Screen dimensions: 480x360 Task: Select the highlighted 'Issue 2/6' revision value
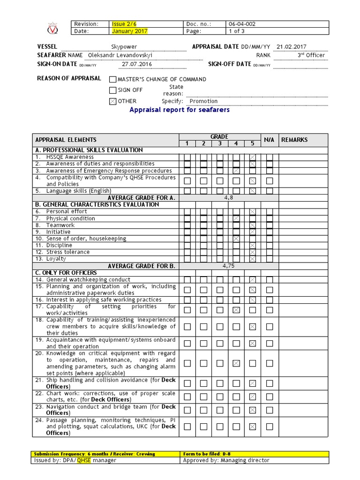[x=124, y=24]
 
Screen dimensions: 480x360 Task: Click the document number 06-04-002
[x=242, y=24]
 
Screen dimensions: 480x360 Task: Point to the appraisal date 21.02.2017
[x=292, y=47]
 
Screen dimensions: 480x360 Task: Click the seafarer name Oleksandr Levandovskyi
[x=120, y=55]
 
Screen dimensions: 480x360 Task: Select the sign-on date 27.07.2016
[x=137, y=64]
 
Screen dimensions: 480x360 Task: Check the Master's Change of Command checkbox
[x=112, y=80]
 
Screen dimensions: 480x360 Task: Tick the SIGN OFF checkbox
[x=112, y=90]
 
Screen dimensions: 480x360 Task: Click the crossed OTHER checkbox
[x=112, y=101]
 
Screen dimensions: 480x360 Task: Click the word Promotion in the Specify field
[x=203, y=101]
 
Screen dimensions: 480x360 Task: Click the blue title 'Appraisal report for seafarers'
[x=180, y=110]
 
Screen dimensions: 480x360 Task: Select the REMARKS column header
[x=294, y=140]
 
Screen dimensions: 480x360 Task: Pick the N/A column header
[x=269, y=140]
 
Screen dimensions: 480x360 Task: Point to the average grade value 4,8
[x=228, y=198]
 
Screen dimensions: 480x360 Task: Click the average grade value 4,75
[x=228, y=266]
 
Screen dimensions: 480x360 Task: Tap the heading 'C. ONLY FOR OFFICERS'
[x=66, y=273]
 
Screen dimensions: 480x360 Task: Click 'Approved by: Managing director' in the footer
[x=226, y=460]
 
